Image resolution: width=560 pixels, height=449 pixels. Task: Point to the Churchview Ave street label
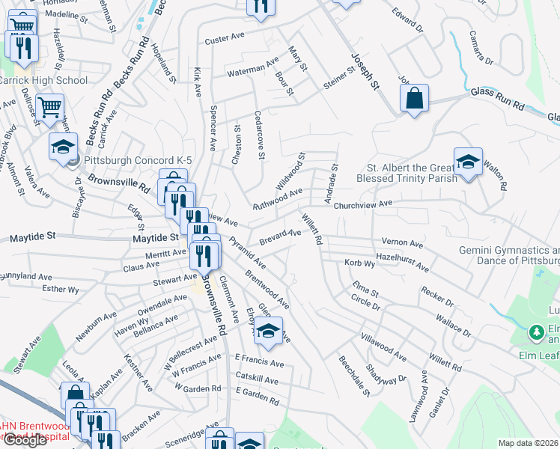363,204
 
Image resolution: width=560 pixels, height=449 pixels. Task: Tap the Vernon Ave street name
403,243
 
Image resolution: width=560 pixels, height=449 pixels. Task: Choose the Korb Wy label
359,263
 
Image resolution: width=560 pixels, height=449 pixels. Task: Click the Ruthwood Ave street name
277,198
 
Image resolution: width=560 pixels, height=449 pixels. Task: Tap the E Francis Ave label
259,363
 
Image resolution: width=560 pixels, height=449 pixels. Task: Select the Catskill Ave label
257,381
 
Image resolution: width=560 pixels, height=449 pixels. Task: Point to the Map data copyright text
529,443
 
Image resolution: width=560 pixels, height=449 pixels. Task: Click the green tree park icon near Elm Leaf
536,331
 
